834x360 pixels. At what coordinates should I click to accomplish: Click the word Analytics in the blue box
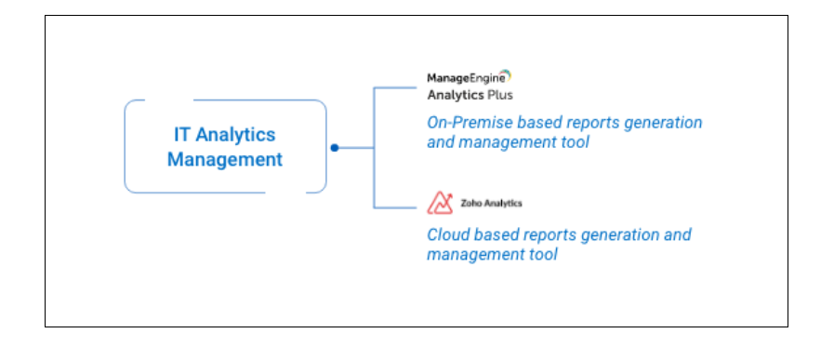point(235,135)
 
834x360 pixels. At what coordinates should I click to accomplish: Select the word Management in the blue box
point(225,160)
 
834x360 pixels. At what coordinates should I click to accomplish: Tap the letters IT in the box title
point(182,134)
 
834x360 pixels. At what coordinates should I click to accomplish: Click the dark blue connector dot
point(335,148)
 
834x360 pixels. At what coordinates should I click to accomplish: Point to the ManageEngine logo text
point(466,79)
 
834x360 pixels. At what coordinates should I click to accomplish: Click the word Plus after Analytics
point(500,95)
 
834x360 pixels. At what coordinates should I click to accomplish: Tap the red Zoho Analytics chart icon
point(440,203)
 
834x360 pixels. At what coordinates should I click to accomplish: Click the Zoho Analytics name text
point(491,203)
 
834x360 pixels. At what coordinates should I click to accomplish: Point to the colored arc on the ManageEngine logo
point(507,75)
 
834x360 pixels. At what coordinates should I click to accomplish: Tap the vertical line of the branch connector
point(374,148)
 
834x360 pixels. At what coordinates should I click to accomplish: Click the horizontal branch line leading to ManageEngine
point(395,87)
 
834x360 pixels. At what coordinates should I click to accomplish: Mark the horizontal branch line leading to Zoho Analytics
point(395,207)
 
